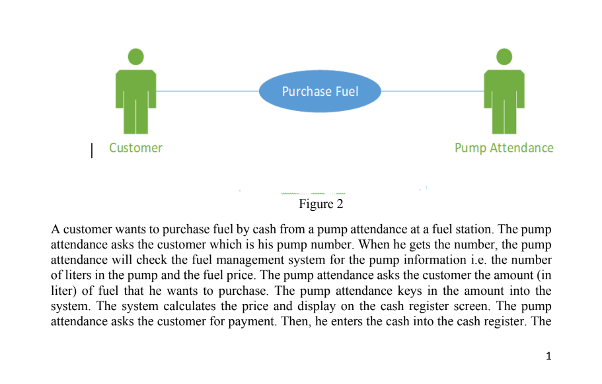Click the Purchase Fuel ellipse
click(320, 91)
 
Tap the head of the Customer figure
click(135, 57)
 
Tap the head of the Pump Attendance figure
click(504, 57)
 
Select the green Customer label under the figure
click(135, 148)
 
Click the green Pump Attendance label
click(504, 148)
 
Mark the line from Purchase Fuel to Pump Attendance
click(432, 91)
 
